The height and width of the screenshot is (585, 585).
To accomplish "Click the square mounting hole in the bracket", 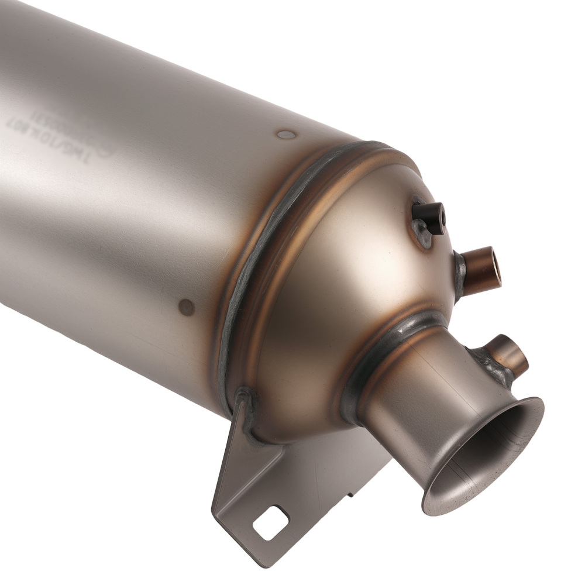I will pyautogui.click(x=270, y=522).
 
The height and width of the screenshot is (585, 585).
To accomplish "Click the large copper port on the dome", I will pyautogui.click(x=481, y=269).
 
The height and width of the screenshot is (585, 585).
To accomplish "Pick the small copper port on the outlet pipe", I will pyautogui.click(x=511, y=354).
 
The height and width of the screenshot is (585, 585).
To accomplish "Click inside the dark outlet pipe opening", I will pyautogui.click(x=491, y=462).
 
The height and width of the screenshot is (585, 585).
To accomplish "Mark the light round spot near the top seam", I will pyautogui.click(x=286, y=135).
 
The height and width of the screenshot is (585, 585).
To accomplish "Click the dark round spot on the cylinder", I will pyautogui.click(x=187, y=306).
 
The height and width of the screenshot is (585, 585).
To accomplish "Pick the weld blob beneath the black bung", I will pyautogui.click(x=422, y=237).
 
